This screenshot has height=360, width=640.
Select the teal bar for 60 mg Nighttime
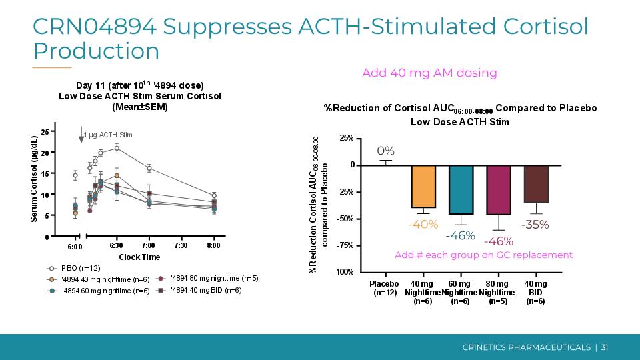pyautogui.click(x=461, y=190)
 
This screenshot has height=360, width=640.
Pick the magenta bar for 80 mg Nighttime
pyautogui.click(x=498, y=190)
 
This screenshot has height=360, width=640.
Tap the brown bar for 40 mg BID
pyautogui.click(x=535, y=184)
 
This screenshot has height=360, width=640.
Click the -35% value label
pyautogui.click(x=535, y=225)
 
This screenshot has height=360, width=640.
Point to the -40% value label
pyautogui.click(x=423, y=225)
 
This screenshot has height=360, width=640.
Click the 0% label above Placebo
pyautogui.click(x=386, y=151)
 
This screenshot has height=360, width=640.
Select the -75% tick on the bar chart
pyautogui.click(x=345, y=245)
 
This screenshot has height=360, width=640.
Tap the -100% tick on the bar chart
pyautogui.click(x=344, y=272)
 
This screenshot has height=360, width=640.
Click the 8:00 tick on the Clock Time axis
pyautogui.click(x=213, y=246)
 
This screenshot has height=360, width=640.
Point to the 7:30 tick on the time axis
pyautogui.click(x=181, y=246)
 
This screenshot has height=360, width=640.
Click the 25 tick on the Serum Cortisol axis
pyautogui.click(x=45, y=131)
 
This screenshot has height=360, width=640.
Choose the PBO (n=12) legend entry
pyautogui.click(x=75, y=268)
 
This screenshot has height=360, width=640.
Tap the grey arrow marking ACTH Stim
pyautogui.click(x=81, y=135)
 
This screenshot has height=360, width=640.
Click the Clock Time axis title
pyautogui.click(x=139, y=257)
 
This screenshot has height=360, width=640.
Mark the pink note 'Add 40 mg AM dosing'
pyautogui.click(x=429, y=73)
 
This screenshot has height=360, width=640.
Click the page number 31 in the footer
pyautogui.click(x=605, y=347)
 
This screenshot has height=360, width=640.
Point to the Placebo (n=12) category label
pyautogui.click(x=384, y=288)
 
